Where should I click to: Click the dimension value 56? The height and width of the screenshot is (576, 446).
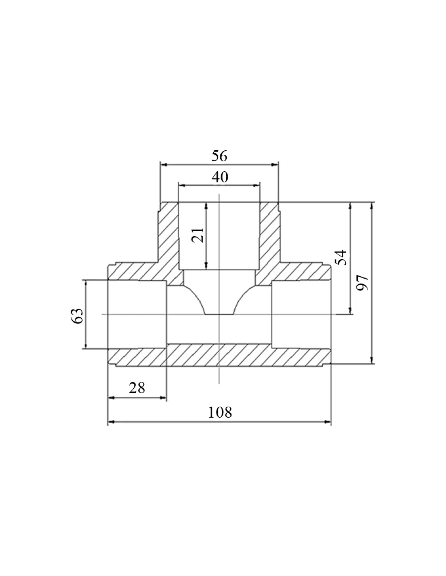[x=219, y=156]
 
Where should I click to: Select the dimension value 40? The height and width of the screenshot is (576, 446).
[x=220, y=177]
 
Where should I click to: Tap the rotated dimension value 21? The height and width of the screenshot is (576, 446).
[x=198, y=235]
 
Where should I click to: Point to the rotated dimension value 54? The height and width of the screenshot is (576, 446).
[x=341, y=257]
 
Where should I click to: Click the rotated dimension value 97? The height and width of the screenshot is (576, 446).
[x=362, y=283]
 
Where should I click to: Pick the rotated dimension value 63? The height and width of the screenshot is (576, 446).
[x=77, y=316]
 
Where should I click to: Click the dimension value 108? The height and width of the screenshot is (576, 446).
[x=220, y=412]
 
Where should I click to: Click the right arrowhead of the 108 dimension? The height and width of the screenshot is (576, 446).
[x=328, y=422]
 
